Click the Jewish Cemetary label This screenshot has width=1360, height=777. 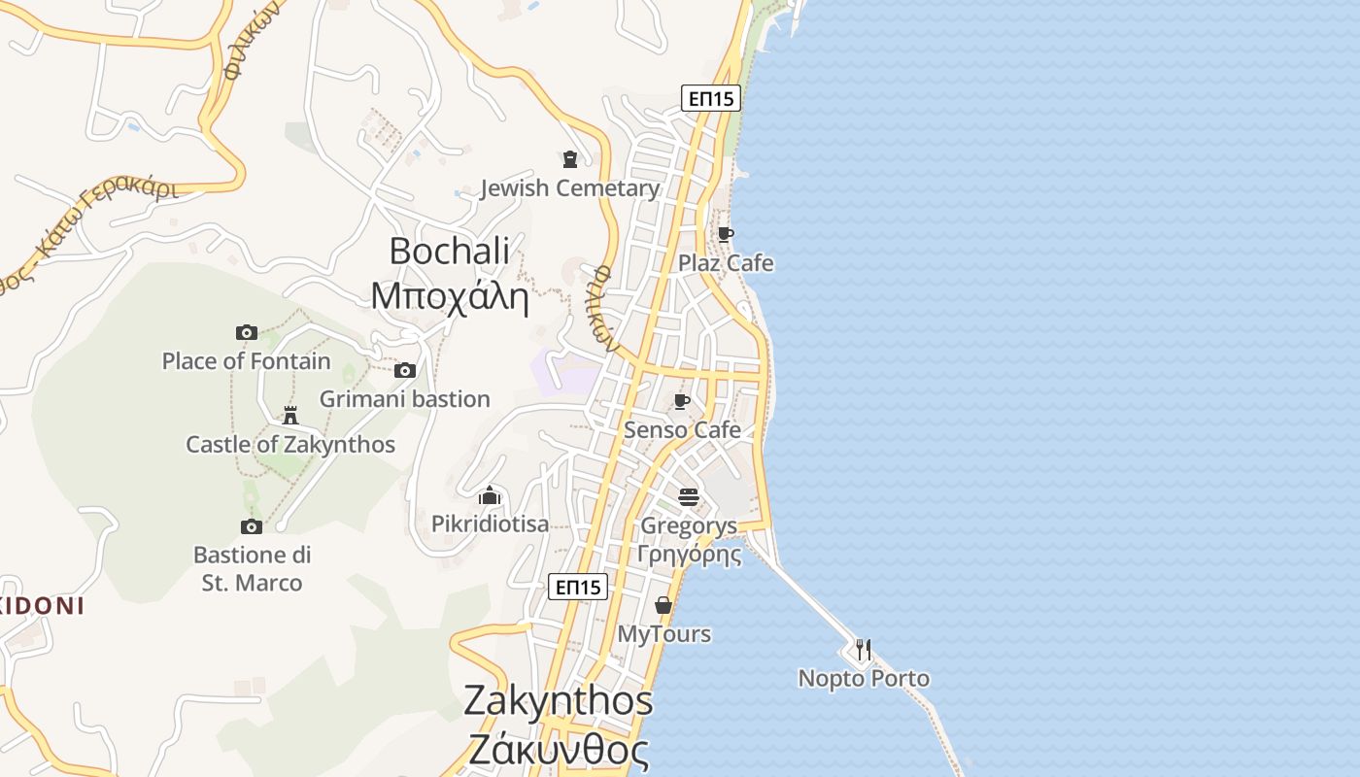[570, 188]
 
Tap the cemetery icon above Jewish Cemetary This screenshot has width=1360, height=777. [570, 159]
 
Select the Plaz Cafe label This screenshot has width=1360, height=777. [726, 263]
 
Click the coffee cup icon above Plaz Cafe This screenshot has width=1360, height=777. [725, 234]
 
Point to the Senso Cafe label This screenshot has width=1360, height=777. [682, 429]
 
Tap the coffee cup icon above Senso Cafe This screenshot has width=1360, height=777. [682, 401]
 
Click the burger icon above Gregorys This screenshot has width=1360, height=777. [689, 497]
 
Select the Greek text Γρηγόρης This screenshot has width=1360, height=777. [689, 556]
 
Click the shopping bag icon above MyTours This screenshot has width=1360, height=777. [663, 605]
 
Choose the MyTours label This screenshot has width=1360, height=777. [664, 634]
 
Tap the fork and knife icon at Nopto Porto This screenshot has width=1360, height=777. [863, 650]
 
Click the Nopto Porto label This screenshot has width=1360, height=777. [864, 678]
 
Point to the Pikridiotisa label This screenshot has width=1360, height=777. [490, 524]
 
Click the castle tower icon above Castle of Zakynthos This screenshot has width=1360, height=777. [289, 416]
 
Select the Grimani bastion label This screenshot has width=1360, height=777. [405, 399]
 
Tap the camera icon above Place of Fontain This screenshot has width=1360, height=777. [247, 332]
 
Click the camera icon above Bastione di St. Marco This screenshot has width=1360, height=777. [252, 526]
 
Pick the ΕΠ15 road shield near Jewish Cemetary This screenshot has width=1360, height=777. [710, 98]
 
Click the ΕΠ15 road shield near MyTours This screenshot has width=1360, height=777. [578, 587]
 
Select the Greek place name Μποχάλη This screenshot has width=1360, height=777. [450, 296]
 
